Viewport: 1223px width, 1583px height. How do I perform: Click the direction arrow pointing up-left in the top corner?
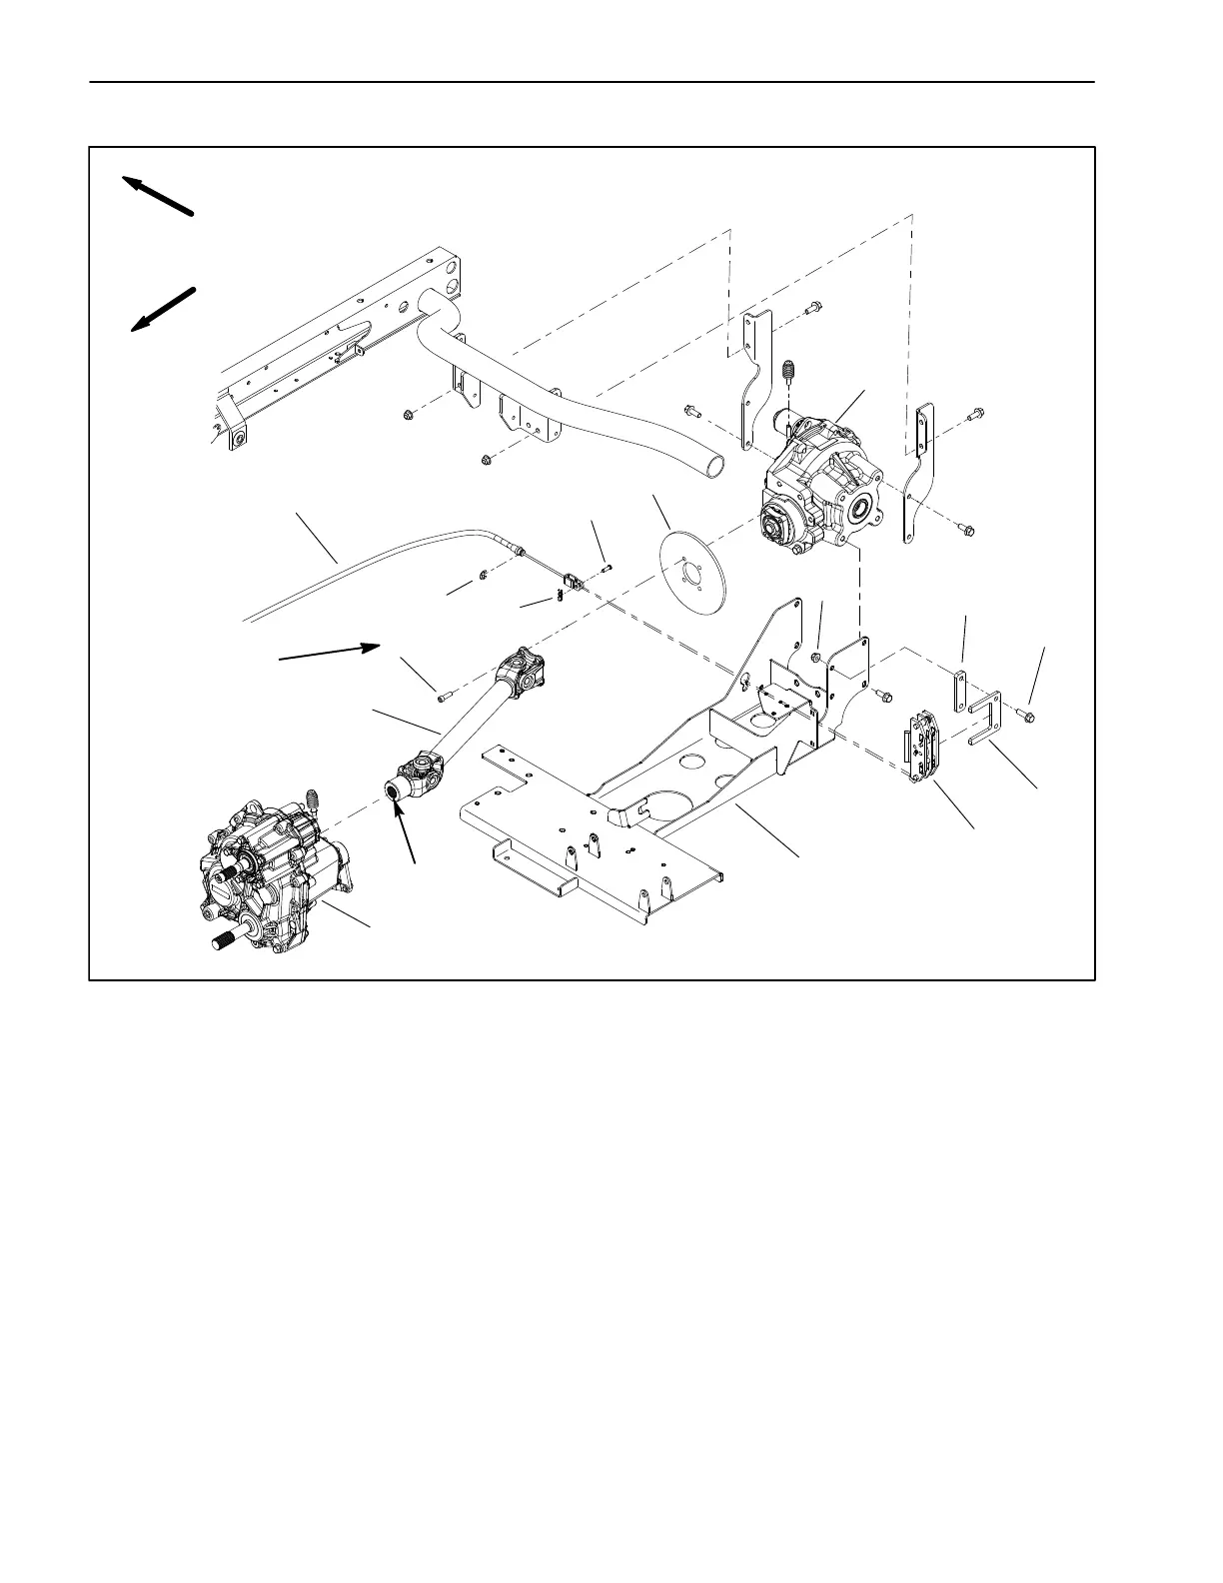[x=157, y=195]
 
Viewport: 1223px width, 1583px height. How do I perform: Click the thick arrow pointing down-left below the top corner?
[x=162, y=308]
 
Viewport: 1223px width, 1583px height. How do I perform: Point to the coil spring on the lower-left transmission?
[x=312, y=799]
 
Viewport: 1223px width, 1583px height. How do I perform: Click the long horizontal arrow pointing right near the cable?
[x=330, y=652]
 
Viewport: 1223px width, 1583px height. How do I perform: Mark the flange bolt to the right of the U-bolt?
[x=1028, y=716]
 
